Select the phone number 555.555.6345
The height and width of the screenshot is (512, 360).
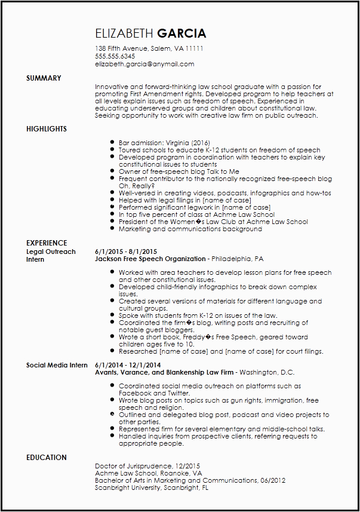tap(115, 56)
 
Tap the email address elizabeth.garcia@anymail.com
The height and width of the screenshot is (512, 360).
tap(144, 64)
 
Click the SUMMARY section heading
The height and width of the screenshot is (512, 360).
tap(44, 78)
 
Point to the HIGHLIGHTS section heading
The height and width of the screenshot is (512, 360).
tap(47, 129)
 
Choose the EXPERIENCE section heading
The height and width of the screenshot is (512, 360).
tap(47, 243)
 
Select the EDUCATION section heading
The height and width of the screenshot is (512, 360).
tap(47, 458)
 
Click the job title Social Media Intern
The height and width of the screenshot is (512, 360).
tap(57, 365)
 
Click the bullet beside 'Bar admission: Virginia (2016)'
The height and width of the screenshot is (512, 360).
tap(112, 143)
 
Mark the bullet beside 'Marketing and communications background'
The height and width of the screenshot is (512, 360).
tap(112, 229)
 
